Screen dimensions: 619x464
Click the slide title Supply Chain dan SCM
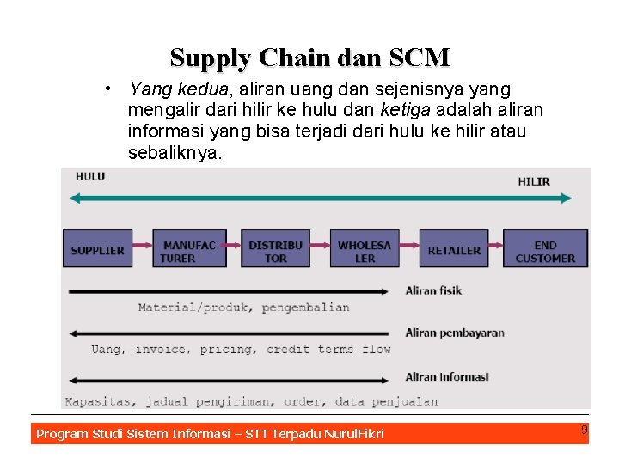[309, 58]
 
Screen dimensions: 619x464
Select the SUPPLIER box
[97, 249]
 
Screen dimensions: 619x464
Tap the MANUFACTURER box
[189, 250]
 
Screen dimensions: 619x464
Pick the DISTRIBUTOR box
[276, 250]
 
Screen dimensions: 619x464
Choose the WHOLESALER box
[365, 250]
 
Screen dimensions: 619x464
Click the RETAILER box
[453, 250]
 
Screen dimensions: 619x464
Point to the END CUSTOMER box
[545, 250]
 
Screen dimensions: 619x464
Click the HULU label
[89, 177]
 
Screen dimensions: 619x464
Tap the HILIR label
[534, 181]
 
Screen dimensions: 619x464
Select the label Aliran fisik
[433, 290]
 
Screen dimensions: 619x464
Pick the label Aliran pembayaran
[454, 333]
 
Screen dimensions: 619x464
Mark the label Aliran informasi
[446, 376]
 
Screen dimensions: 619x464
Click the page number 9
[584, 430]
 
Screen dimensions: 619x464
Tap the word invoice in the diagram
[159, 350]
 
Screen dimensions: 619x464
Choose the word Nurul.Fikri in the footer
[352, 434]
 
